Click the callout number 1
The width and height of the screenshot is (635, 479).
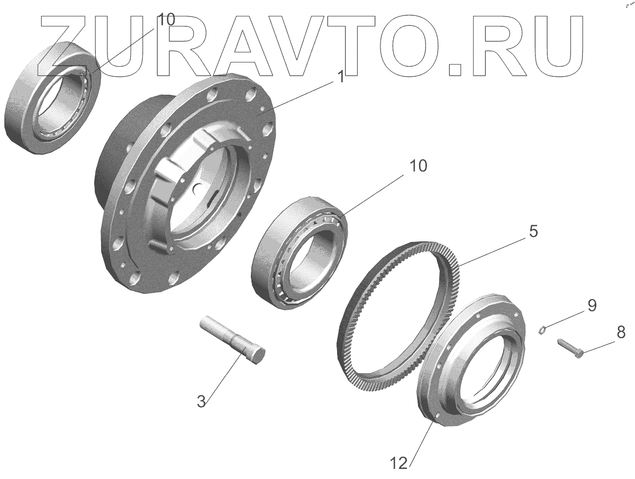pyautogui.click(x=342, y=77)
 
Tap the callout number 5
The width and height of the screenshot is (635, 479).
pyautogui.click(x=533, y=231)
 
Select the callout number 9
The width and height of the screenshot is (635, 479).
pyautogui.click(x=592, y=305)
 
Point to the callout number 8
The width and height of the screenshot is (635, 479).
pyautogui.click(x=621, y=332)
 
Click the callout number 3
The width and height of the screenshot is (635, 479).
pyautogui.click(x=202, y=401)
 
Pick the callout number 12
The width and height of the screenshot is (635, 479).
pyautogui.click(x=399, y=463)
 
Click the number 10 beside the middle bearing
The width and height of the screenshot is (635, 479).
pyautogui.click(x=418, y=166)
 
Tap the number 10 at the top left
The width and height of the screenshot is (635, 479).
pyautogui.click(x=166, y=20)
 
